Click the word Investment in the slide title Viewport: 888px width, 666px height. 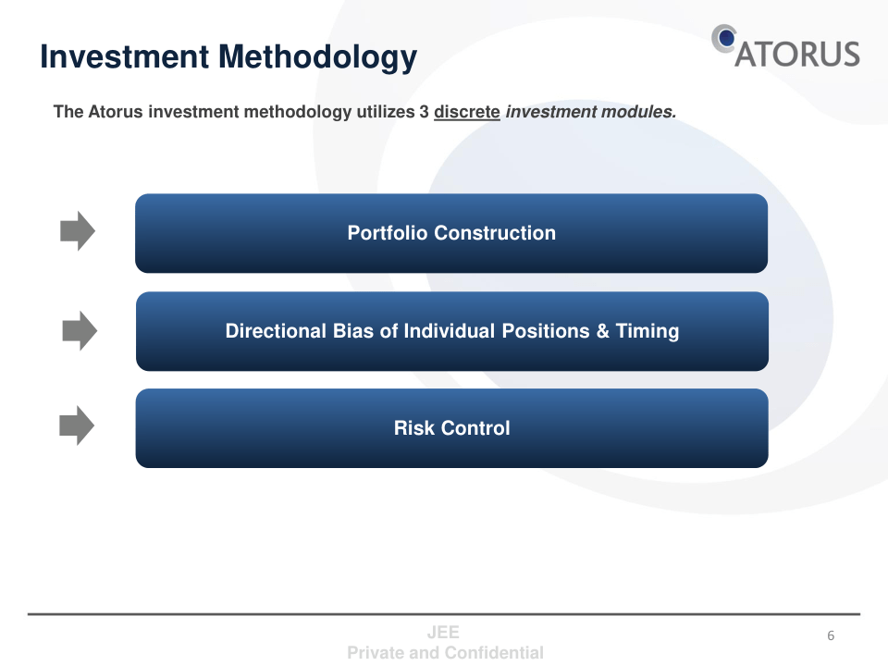(x=125, y=56)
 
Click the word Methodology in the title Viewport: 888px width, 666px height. (x=317, y=57)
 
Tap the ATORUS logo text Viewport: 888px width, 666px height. (x=797, y=55)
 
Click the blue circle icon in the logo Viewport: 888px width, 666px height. (x=725, y=39)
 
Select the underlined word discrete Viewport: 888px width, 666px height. (x=466, y=112)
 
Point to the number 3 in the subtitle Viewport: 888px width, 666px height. (x=425, y=112)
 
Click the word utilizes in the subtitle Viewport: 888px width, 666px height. (x=385, y=112)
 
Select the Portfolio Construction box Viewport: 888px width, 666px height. (x=451, y=233)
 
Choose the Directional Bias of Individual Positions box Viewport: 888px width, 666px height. (x=452, y=331)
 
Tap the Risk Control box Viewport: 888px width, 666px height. (x=452, y=428)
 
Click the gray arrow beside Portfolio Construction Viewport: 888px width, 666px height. (x=78, y=231)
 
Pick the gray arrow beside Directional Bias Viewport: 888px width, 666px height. (x=80, y=331)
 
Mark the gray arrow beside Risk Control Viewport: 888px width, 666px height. (x=77, y=425)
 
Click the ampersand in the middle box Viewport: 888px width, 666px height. (x=602, y=331)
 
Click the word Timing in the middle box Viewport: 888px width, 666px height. (x=647, y=332)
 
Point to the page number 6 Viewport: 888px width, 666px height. (x=831, y=635)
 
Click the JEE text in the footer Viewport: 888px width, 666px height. (x=443, y=632)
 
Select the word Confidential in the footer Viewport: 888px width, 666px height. (x=494, y=653)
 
